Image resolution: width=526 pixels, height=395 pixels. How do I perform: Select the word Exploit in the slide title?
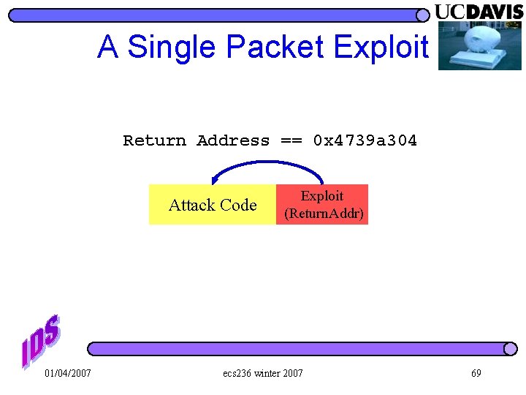coord(381,48)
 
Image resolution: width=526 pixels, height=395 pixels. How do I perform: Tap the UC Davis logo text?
coord(479,12)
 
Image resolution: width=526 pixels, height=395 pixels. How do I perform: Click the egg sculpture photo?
coord(479,45)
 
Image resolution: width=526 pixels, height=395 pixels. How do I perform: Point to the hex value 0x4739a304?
coord(365,140)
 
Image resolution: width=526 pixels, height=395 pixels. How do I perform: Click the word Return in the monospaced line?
coord(154,140)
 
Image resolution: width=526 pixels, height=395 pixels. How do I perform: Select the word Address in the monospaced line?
coord(233,140)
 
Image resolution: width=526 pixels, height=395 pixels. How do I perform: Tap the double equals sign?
coord(291,140)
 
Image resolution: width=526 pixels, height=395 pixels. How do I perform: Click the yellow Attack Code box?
coord(212,205)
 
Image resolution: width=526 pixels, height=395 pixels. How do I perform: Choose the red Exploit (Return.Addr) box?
coord(322,205)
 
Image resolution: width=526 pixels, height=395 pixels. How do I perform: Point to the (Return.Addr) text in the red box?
coord(324,214)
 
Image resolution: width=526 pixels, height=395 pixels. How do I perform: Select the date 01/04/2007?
coord(68,374)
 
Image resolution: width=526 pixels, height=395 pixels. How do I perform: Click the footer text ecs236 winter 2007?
coord(263,374)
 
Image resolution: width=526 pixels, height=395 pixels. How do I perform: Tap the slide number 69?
coord(476,374)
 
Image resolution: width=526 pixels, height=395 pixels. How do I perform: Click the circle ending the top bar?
coord(422,15)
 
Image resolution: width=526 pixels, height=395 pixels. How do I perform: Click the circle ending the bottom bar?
coord(510,349)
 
